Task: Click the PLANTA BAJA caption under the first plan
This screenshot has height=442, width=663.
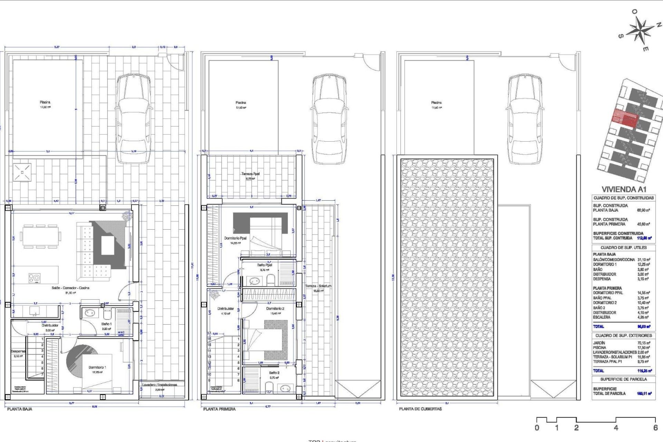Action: pyautogui.click(x=20, y=409)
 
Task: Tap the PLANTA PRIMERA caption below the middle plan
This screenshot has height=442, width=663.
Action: pyautogui.click(x=219, y=409)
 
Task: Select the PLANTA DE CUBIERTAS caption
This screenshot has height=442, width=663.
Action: pyautogui.click(x=420, y=409)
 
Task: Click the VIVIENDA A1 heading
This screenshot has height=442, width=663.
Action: pyautogui.click(x=624, y=189)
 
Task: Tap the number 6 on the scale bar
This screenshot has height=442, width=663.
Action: pyautogui.click(x=655, y=427)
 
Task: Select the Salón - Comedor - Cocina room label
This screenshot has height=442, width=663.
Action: pyautogui.click(x=70, y=288)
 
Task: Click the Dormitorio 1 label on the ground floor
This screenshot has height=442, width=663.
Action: pyautogui.click(x=97, y=367)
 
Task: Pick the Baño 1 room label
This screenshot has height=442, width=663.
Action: pyautogui.click(x=106, y=324)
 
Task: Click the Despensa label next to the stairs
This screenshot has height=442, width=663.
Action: pyautogui.click(x=18, y=351)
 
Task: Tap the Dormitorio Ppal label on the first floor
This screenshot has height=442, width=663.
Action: pyautogui.click(x=235, y=238)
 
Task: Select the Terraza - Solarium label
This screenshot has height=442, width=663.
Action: pyautogui.click(x=318, y=286)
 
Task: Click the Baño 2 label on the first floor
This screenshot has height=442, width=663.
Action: pyautogui.click(x=274, y=373)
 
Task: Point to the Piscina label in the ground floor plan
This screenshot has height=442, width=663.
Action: pyautogui.click(x=45, y=102)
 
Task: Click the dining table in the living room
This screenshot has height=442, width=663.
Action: pyautogui.click(x=40, y=237)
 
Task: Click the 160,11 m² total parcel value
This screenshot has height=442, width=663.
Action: pyautogui.click(x=644, y=393)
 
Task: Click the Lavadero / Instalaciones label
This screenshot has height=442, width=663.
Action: pyautogui.click(x=160, y=385)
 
